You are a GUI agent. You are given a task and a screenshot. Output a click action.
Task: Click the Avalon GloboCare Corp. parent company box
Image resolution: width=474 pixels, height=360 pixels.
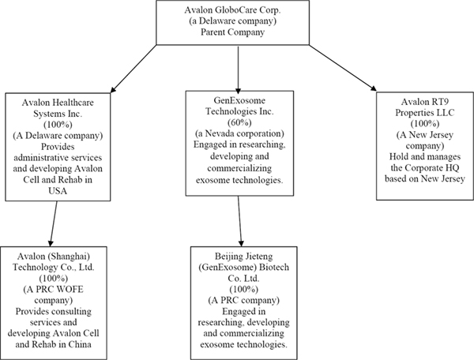tap(233, 23)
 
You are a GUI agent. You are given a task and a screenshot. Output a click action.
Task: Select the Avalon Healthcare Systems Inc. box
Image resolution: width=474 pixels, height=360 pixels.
tap(58, 147)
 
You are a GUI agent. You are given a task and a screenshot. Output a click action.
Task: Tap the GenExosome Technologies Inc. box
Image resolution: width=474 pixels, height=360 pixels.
tap(239, 144)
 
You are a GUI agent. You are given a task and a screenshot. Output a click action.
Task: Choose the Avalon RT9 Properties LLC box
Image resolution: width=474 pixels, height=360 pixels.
tap(425, 146)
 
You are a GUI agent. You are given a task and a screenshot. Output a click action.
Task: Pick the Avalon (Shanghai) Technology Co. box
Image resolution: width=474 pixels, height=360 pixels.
tap(53, 303)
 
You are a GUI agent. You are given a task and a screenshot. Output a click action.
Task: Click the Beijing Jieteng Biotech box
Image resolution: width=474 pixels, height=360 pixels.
tap(243, 303)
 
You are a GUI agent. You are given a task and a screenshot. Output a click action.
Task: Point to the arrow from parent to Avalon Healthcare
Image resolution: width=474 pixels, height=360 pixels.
tap(134, 69)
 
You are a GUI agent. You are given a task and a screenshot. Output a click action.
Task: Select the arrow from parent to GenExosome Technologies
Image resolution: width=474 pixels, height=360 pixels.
tap(239, 69)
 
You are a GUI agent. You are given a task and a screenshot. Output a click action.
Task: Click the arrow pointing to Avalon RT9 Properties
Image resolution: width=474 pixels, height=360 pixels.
tap(343, 68)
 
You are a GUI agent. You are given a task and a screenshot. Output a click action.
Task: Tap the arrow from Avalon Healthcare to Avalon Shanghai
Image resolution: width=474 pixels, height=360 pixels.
tap(54, 223)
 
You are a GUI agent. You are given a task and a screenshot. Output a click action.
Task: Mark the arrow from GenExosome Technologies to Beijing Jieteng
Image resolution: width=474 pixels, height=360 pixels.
tap(239, 221)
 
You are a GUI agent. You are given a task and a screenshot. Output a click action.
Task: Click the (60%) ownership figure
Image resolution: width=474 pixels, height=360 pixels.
tap(239, 122)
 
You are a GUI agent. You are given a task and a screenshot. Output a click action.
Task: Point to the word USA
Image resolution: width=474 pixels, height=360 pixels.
tap(58, 191)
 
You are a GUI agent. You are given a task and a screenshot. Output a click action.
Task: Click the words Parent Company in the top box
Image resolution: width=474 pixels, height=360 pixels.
tap(233, 32)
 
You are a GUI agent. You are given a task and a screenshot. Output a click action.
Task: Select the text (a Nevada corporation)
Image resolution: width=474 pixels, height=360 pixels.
tap(239, 133)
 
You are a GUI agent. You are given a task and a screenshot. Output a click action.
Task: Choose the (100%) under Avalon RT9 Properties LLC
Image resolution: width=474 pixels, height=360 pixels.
tap(425, 123)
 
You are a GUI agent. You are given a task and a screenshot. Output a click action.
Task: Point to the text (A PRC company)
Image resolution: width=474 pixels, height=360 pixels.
tap(243, 300)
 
